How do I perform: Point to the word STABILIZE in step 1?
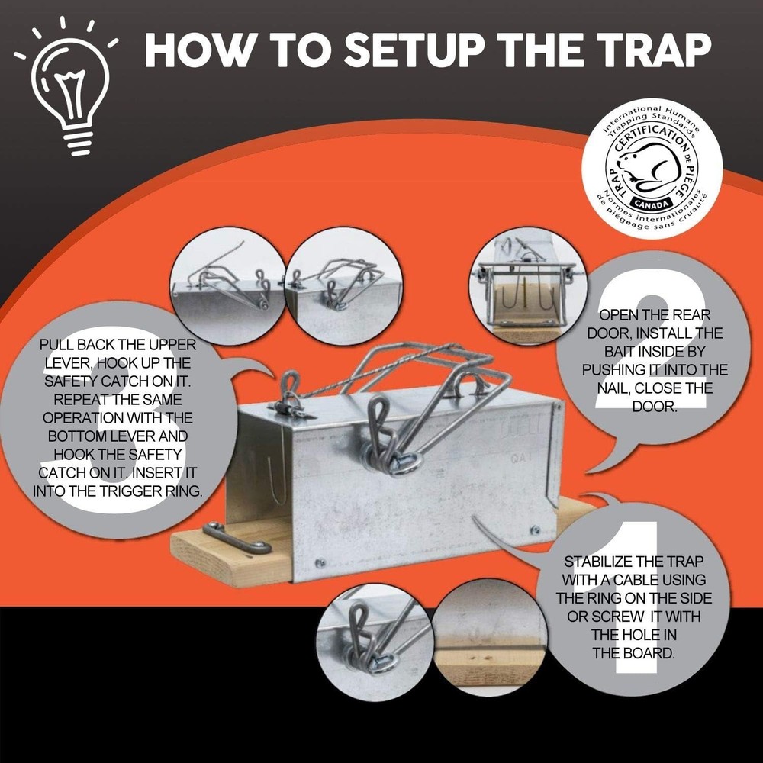(597, 562)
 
